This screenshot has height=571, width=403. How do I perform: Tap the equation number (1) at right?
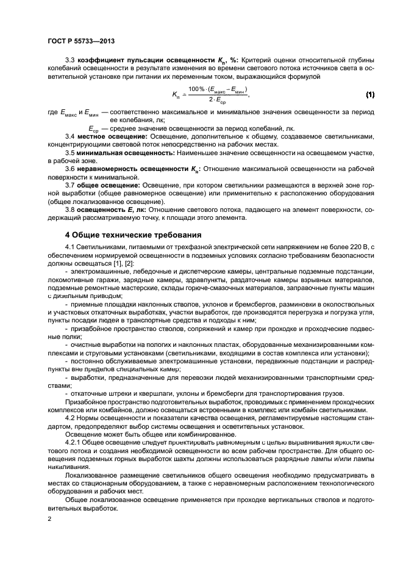pos(369,95)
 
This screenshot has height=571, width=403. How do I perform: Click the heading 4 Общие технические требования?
pos(133,234)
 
